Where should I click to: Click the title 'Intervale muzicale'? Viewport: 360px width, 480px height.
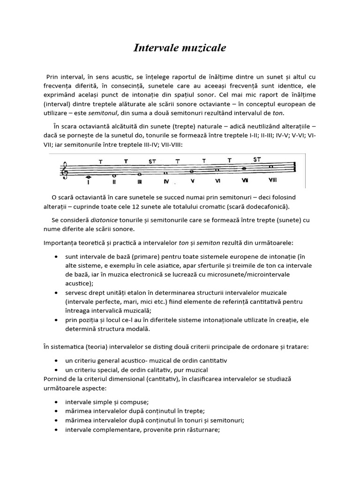pyautogui.click(x=180, y=48)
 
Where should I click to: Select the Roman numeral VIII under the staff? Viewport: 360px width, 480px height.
pyautogui.click(x=273, y=180)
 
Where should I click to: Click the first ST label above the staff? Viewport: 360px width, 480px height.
pyautogui.click(x=152, y=162)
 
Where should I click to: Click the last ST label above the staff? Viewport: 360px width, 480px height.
pyautogui.click(x=257, y=159)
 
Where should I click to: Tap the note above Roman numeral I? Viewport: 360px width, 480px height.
pyautogui.click(x=89, y=177)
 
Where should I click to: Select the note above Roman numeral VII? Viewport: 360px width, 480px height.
pyautogui.click(x=244, y=169)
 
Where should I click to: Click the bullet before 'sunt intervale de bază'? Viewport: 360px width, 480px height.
pyautogui.click(x=57, y=257)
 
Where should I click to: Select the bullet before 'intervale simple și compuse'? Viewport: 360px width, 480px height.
pyautogui.click(x=57, y=402)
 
